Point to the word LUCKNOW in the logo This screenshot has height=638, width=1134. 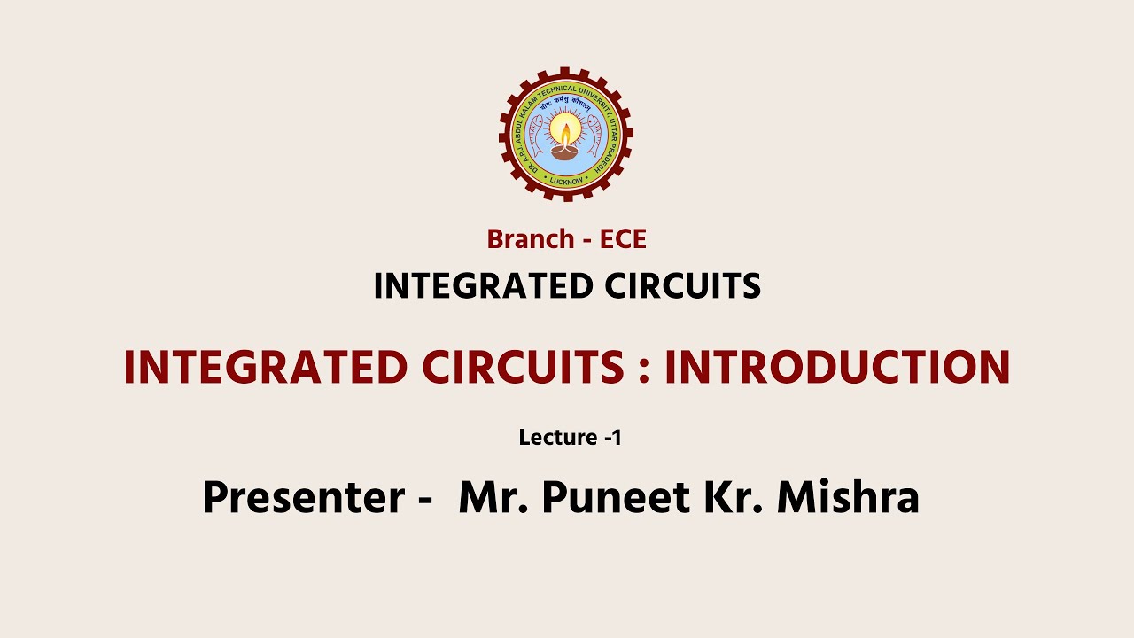[566, 180]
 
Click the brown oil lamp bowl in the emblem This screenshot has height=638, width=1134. [566, 152]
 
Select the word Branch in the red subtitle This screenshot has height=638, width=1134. [531, 239]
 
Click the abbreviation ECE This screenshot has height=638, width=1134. [623, 239]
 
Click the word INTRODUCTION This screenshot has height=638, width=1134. [837, 368]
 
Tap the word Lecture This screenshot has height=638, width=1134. [558, 437]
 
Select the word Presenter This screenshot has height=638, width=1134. [304, 498]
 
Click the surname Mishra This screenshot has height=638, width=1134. [848, 498]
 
